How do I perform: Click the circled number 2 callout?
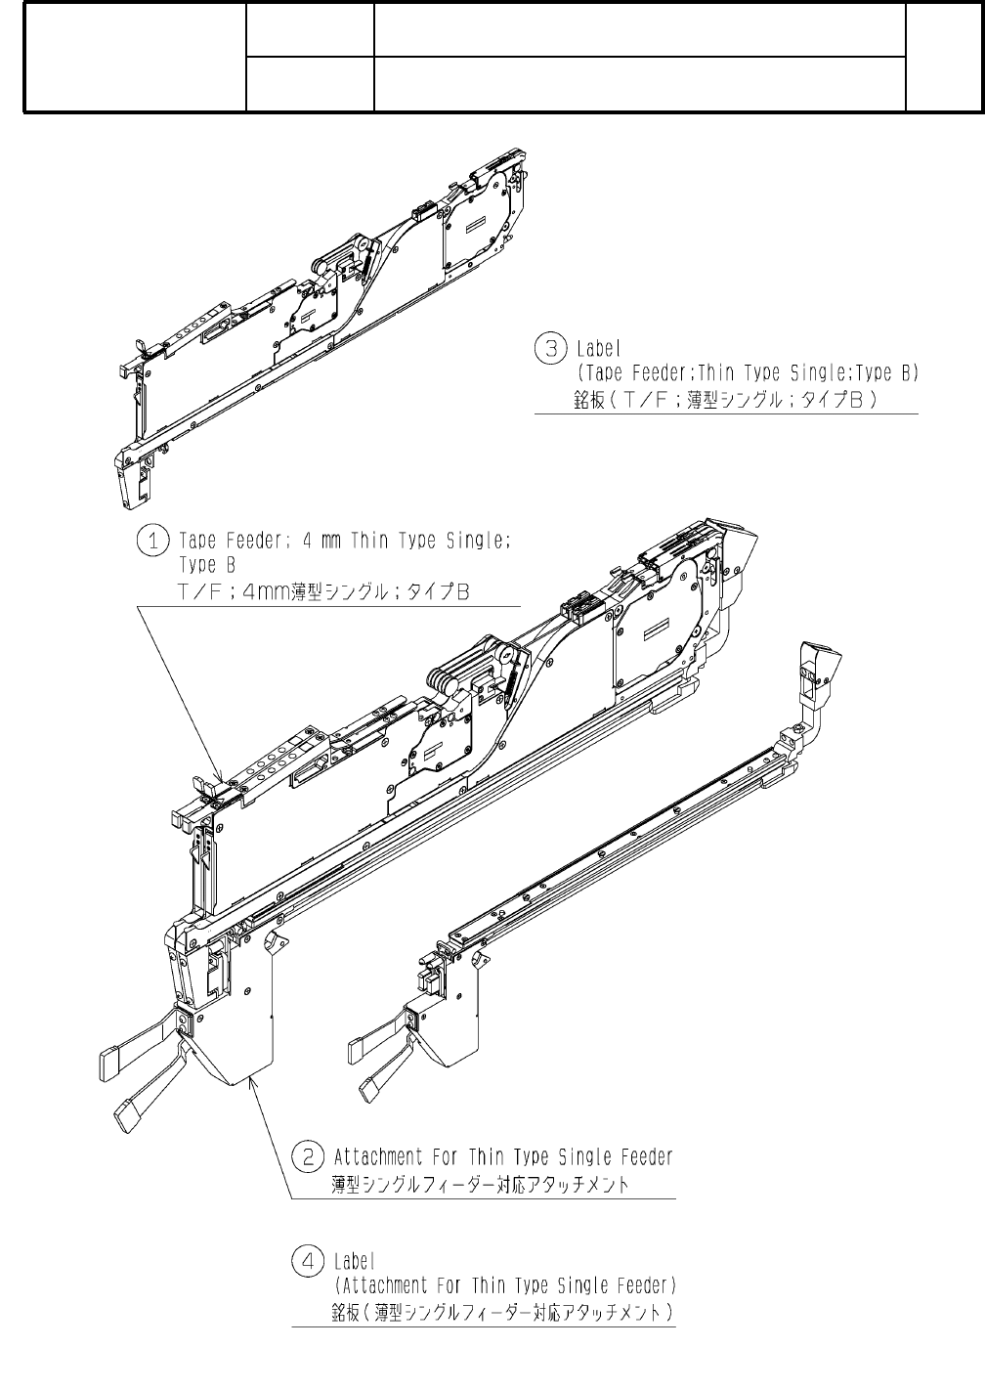pyautogui.click(x=308, y=1157)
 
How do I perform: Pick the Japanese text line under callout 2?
pyautogui.click(x=479, y=1184)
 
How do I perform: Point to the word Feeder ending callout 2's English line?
pyautogui.click(x=647, y=1157)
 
